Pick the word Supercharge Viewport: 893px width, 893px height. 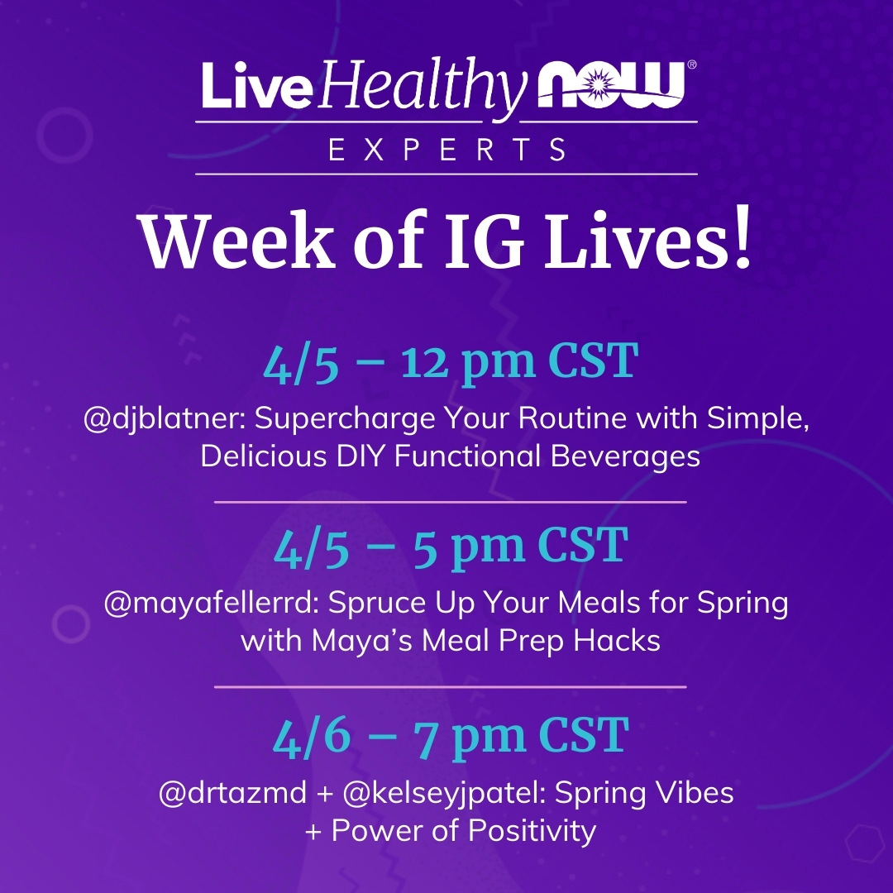pyautogui.click(x=345, y=420)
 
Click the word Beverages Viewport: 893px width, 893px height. pyautogui.click(x=625, y=457)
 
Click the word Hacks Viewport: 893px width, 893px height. pyautogui.click(x=617, y=641)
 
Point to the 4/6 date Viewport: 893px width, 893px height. pyautogui.click(x=312, y=737)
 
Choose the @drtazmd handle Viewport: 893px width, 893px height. pyautogui.click(x=233, y=793)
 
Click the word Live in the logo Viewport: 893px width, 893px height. pyautogui.click(x=257, y=85)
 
